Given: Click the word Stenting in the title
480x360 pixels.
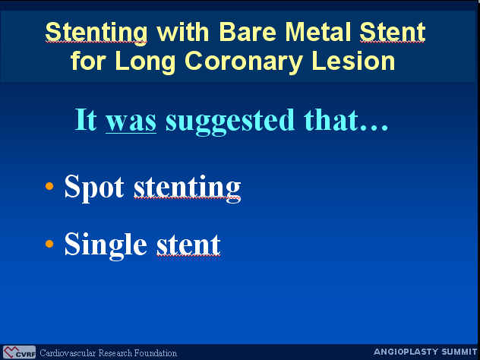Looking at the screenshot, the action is (x=96, y=33).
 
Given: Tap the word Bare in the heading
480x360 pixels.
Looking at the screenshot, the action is (x=248, y=32).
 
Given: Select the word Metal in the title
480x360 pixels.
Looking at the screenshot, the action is (x=317, y=32).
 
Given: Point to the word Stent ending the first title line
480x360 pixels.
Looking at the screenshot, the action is (x=393, y=32).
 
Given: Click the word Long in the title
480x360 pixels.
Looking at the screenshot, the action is (x=145, y=62).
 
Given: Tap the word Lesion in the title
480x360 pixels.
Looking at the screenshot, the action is (x=353, y=61).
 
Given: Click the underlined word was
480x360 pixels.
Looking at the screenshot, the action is (x=131, y=122).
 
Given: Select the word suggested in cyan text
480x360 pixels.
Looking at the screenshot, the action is (x=230, y=122).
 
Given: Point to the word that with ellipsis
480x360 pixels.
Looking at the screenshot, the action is (x=346, y=120).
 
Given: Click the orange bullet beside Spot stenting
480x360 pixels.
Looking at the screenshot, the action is (x=49, y=186).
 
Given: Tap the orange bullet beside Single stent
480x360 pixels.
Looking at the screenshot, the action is (x=49, y=244).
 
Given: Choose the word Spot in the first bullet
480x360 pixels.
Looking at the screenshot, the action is (x=94, y=188).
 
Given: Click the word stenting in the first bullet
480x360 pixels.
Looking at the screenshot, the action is (x=188, y=188).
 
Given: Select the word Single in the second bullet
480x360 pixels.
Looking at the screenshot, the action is (x=106, y=245).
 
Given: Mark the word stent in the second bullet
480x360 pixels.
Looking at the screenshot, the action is (x=188, y=245).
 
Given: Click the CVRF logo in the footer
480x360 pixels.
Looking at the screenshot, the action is (x=19, y=352).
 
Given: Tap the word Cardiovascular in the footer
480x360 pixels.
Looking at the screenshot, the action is (x=68, y=353).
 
